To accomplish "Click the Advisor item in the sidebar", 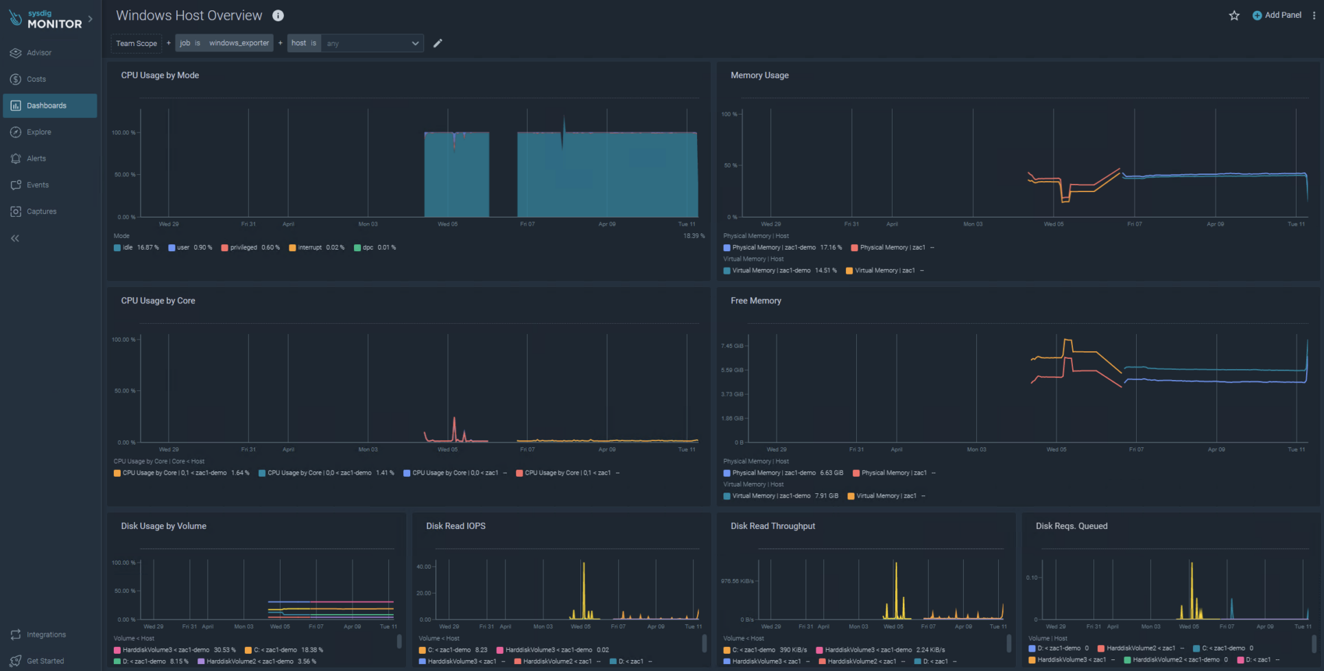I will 38,53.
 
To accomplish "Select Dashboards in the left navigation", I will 46,106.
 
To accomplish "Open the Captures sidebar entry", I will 41,211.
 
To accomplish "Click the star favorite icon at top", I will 1234,15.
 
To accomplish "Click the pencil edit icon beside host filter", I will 438,43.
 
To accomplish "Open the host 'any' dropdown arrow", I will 415,43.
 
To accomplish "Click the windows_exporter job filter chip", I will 224,43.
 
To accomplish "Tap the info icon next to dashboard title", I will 278,15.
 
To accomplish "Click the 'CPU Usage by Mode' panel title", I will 160,75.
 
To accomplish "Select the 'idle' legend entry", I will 128,248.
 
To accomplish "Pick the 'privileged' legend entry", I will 243,248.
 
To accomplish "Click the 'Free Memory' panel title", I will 755,301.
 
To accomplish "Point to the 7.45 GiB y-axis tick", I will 732,346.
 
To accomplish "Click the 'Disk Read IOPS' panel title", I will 456,526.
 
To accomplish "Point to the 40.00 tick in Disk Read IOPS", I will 423,567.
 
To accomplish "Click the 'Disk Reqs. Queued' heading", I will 1071,526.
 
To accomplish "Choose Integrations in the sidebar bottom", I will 46,635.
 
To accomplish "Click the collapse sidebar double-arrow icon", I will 15,238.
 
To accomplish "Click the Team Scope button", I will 137,43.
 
